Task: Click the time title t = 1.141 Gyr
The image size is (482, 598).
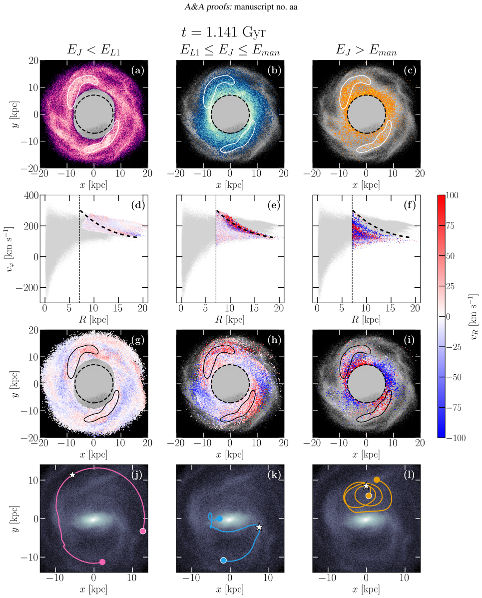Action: (223, 32)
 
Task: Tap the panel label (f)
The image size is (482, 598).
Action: (410, 205)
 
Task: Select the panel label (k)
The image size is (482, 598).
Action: (274, 475)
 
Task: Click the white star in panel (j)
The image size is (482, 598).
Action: (72, 475)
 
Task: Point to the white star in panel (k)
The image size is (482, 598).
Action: (259, 527)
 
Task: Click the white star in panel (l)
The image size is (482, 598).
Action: (366, 486)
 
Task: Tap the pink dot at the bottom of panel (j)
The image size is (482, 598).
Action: (102, 562)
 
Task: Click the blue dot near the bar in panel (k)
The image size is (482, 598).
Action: (220, 518)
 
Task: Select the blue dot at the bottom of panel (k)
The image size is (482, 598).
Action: (223, 560)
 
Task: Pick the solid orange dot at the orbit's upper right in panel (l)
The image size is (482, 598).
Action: (377, 480)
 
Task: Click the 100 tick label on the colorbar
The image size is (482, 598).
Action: (452, 195)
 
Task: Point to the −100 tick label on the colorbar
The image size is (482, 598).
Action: (456, 438)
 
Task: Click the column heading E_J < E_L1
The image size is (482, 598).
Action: (93, 50)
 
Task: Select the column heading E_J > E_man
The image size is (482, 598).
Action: (366, 50)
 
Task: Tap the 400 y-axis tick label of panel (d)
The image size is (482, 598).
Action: (31, 195)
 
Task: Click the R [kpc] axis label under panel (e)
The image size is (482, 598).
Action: (230, 320)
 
